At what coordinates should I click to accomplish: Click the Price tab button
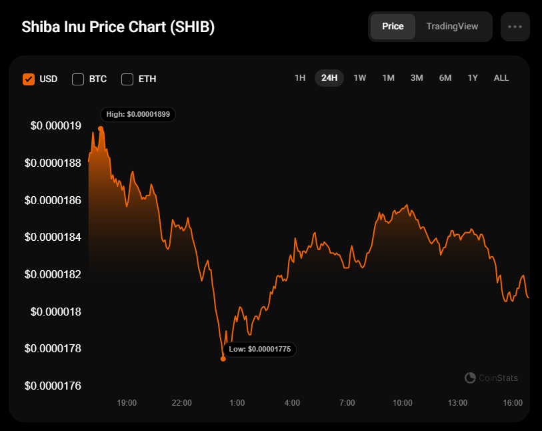click(393, 27)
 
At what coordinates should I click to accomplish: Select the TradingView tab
click(452, 27)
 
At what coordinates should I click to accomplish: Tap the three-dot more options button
click(515, 27)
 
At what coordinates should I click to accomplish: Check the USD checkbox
click(29, 79)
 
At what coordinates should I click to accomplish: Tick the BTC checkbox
click(78, 79)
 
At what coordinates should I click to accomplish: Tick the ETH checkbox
click(127, 79)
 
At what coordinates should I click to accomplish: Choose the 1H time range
click(300, 78)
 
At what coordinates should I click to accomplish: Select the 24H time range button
click(329, 78)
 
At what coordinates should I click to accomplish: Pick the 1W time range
click(360, 78)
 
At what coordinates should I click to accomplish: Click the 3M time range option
click(417, 78)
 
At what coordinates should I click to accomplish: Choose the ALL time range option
click(501, 78)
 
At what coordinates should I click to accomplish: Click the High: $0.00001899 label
click(138, 114)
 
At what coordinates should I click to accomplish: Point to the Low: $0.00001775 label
click(259, 349)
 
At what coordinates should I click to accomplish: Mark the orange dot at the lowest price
click(223, 359)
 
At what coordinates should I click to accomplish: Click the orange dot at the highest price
click(101, 128)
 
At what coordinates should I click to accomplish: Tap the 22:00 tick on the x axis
click(182, 403)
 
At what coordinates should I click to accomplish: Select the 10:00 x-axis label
click(402, 403)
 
